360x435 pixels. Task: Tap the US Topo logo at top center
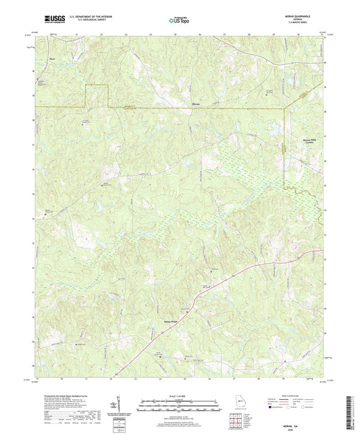pos(178,20)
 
